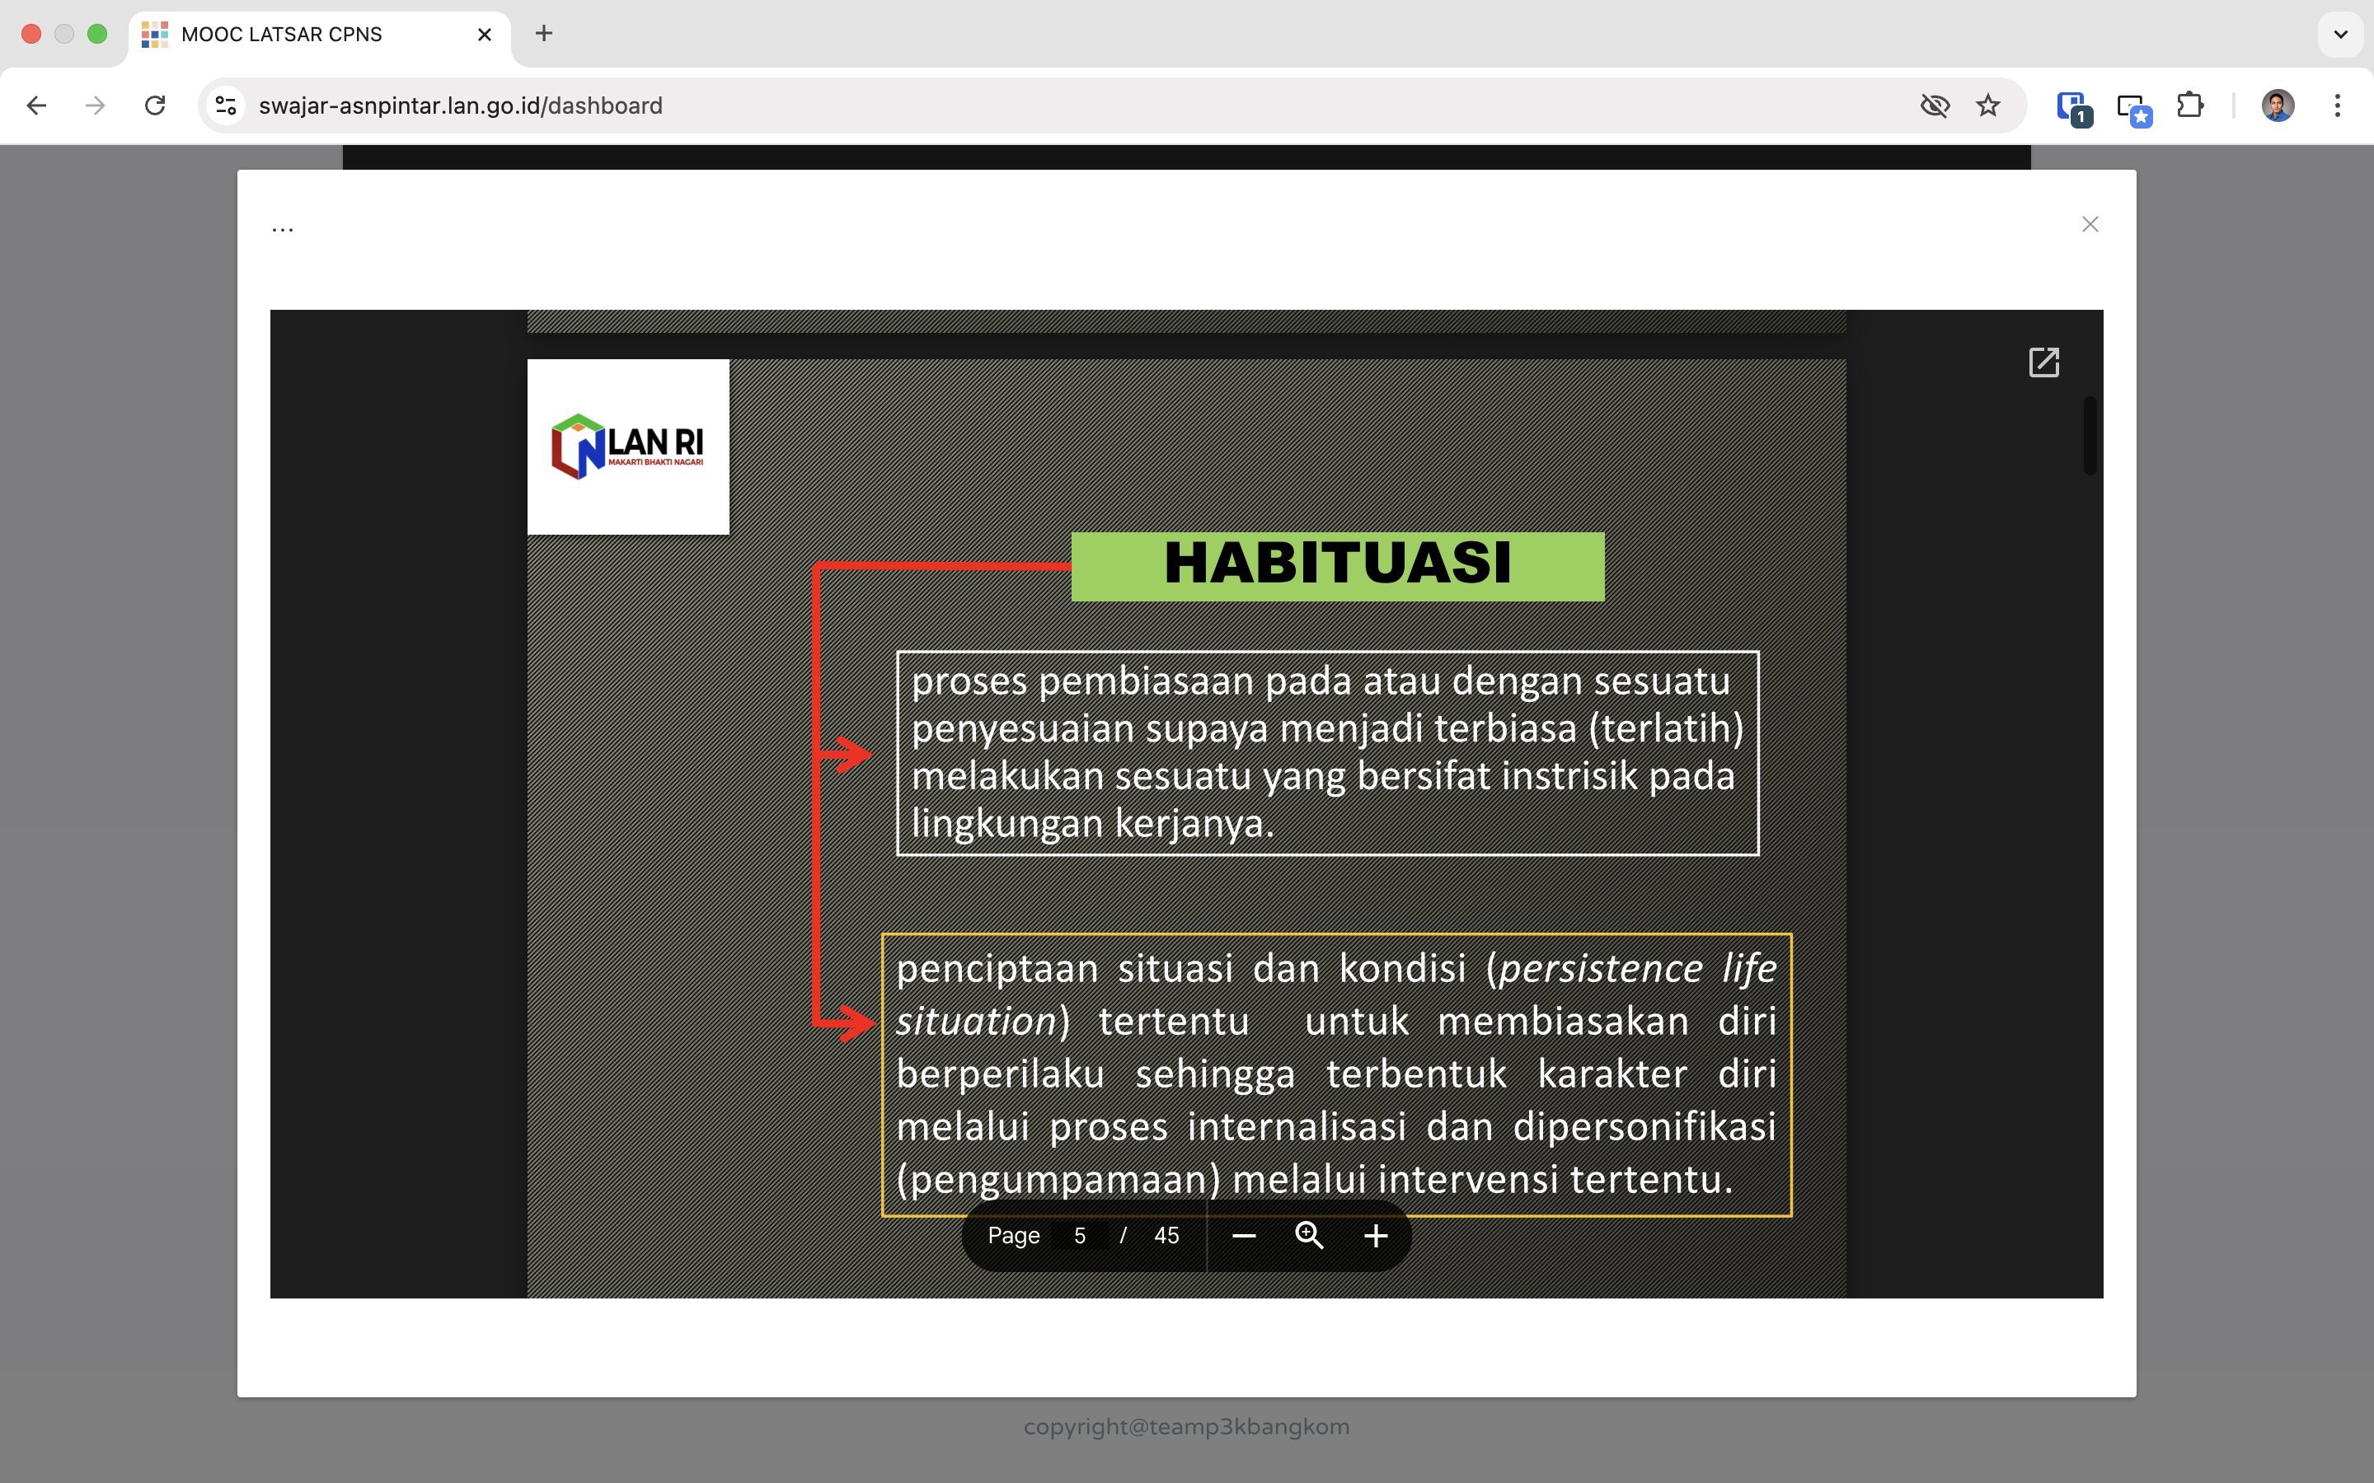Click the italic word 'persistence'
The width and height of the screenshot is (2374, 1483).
pyautogui.click(x=1600, y=968)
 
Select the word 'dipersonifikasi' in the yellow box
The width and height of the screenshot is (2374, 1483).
pyautogui.click(x=1644, y=1126)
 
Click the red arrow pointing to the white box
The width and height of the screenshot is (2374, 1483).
pyautogui.click(x=846, y=754)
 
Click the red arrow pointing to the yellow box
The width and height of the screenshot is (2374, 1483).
pyautogui.click(x=846, y=1023)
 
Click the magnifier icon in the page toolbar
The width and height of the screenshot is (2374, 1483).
pyautogui.click(x=1310, y=1236)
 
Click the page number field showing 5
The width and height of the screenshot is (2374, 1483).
pyautogui.click(x=1079, y=1236)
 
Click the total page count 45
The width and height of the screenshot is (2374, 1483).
pyautogui.click(x=1166, y=1236)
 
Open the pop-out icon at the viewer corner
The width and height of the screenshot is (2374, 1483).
pyautogui.click(x=2044, y=362)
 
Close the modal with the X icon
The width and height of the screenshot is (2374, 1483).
pyautogui.click(x=2090, y=225)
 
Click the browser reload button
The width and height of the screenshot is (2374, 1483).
pyautogui.click(x=155, y=105)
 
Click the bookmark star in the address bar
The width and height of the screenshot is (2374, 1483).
pyautogui.click(x=1988, y=105)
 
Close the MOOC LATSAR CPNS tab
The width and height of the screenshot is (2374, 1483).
pyautogui.click(x=485, y=35)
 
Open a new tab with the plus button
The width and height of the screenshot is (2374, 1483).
pyautogui.click(x=543, y=33)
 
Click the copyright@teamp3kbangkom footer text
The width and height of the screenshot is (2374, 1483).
pyautogui.click(x=1187, y=1427)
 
